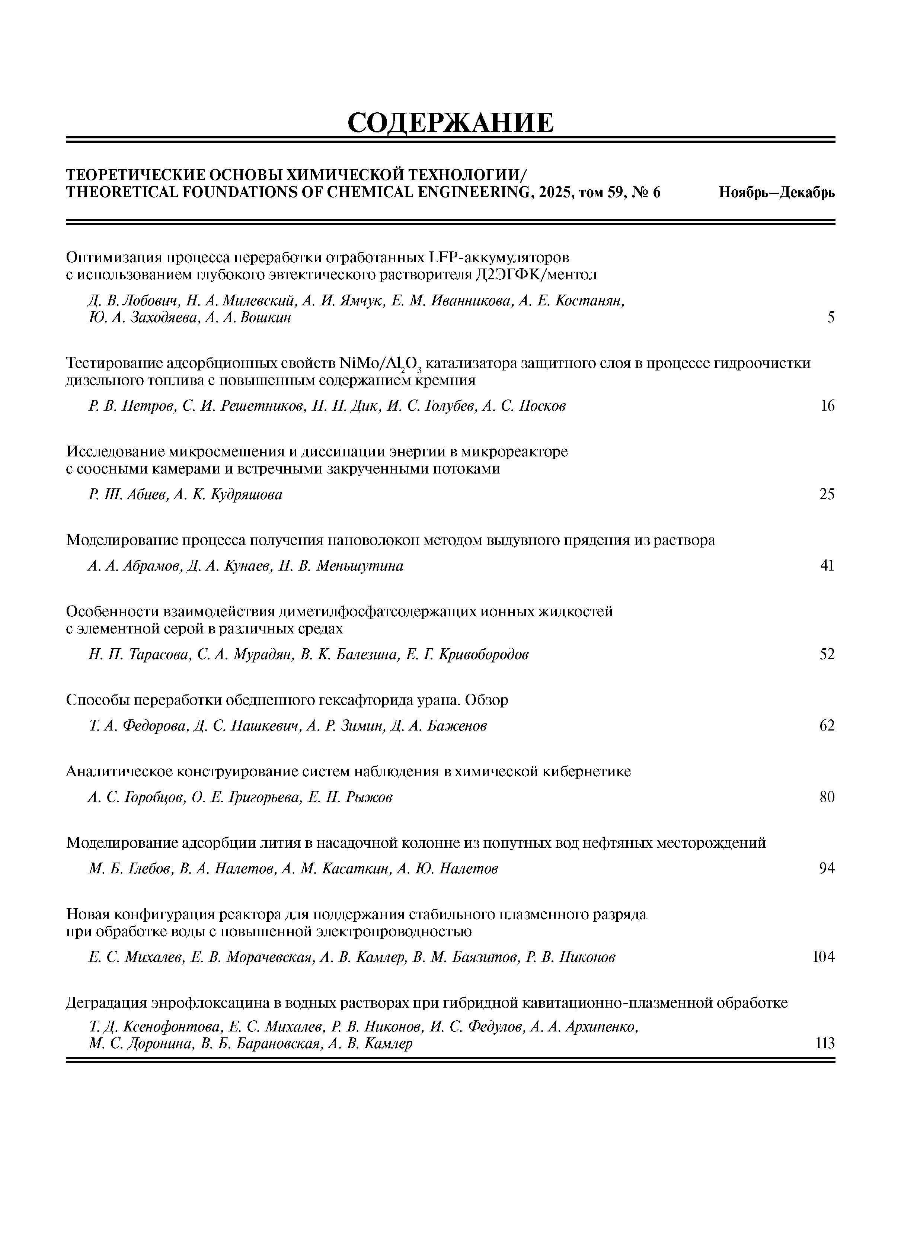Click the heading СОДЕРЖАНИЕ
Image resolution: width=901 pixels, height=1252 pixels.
(x=450, y=122)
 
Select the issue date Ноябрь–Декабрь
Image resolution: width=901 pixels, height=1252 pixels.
(x=776, y=193)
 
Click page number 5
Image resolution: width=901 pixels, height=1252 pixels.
(x=830, y=318)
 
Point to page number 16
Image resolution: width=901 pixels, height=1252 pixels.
(x=827, y=406)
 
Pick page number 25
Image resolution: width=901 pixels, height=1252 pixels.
(x=827, y=495)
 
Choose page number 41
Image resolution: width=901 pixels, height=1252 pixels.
(x=827, y=566)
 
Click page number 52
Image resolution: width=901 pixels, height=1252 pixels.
(x=827, y=654)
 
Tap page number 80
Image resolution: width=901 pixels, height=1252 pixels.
(x=827, y=797)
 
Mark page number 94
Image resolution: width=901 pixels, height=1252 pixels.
(x=827, y=869)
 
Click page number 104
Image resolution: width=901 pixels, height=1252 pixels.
(x=823, y=957)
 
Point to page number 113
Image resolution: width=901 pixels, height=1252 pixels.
(x=825, y=1043)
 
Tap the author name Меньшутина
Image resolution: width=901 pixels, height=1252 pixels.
(x=360, y=566)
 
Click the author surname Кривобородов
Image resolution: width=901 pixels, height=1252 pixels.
(x=483, y=654)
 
